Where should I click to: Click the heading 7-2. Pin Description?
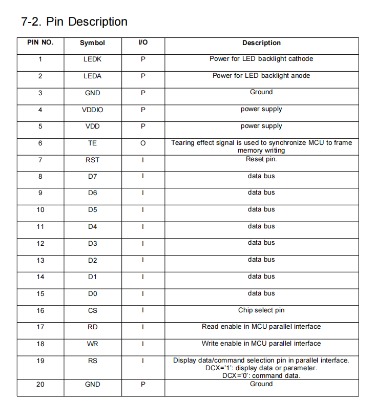click(74, 22)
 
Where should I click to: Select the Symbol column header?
click(92, 43)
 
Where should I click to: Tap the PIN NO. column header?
click(40, 43)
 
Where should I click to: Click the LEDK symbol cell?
click(92, 59)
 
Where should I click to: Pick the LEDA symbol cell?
click(92, 76)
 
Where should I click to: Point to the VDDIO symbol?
click(92, 110)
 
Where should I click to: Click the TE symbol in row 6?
click(92, 143)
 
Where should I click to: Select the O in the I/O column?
click(143, 143)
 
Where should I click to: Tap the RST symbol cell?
click(92, 160)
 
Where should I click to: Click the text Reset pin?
click(261, 159)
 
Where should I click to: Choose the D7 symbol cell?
click(92, 177)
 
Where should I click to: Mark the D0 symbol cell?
click(92, 294)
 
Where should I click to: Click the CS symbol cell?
click(92, 311)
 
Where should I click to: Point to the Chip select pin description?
click(261, 310)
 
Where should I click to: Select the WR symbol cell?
click(92, 344)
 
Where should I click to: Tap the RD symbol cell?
click(92, 327)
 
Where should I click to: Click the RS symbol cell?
click(92, 361)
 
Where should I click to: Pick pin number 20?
click(40, 385)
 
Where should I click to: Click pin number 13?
click(40, 261)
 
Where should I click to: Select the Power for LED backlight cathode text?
click(261, 59)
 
